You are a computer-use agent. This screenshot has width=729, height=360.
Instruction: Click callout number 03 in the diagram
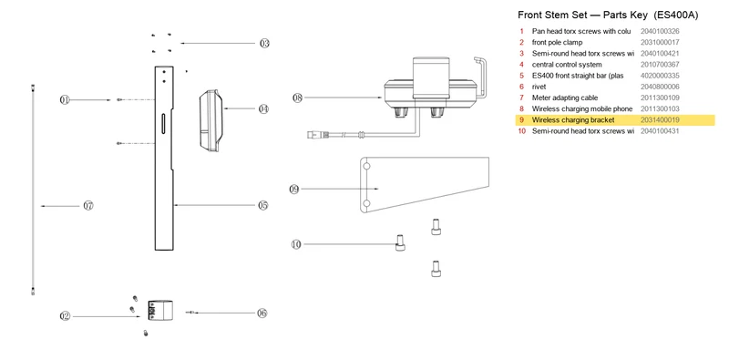pyautogui.click(x=264, y=43)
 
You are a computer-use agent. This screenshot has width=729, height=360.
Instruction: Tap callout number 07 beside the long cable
pyautogui.click(x=88, y=206)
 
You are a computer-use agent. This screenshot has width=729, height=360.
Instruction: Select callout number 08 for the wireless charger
pyautogui.click(x=298, y=98)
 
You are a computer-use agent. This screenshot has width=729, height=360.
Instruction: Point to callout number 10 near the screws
pyautogui.click(x=296, y=244)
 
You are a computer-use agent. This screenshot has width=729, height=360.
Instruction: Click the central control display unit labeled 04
pyautogui.click(x=211, y=120)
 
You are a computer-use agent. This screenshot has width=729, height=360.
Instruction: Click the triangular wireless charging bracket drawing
pyautogui.click(x=424, y=185)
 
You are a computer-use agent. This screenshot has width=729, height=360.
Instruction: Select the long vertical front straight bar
pyautogui.click(x=164, y=159)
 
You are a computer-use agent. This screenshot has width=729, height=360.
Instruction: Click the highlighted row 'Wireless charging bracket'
pyautogui.click(x=615, y=120)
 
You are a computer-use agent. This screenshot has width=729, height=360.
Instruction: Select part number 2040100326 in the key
pyautogui.click(x=660, y=31)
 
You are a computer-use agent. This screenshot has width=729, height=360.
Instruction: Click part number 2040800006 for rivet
pyautogui.click(x=660, y=87)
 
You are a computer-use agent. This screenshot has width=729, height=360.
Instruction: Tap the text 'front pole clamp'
pyautogui.click(x=557, y=42)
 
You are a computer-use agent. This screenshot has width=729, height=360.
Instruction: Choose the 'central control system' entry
pyautogui.click(x=567, y=65)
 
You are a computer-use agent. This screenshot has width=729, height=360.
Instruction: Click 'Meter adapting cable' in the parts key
pyautogui.click(x=565, y=98)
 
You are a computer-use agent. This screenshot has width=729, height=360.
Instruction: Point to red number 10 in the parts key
pyautogui.click(x=521, y=131)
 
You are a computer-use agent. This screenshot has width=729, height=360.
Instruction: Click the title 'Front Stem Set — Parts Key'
pyautogui.click(x=582, y=15)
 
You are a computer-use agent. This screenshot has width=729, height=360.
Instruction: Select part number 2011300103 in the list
pyautogui.click(x=660, y=108)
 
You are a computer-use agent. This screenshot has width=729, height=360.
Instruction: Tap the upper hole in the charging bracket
pyautogui.click(x=366, y=166)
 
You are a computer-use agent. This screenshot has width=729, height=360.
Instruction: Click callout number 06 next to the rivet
pyautogui.click(x=262, y=313)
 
